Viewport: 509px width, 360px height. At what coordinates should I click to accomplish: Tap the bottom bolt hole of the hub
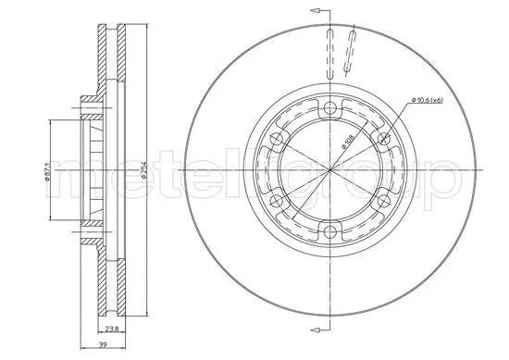click(329, 235)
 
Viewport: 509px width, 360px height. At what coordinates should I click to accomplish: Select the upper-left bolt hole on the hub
click(274, 138)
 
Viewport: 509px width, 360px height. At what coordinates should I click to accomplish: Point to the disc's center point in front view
click(329, 170)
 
